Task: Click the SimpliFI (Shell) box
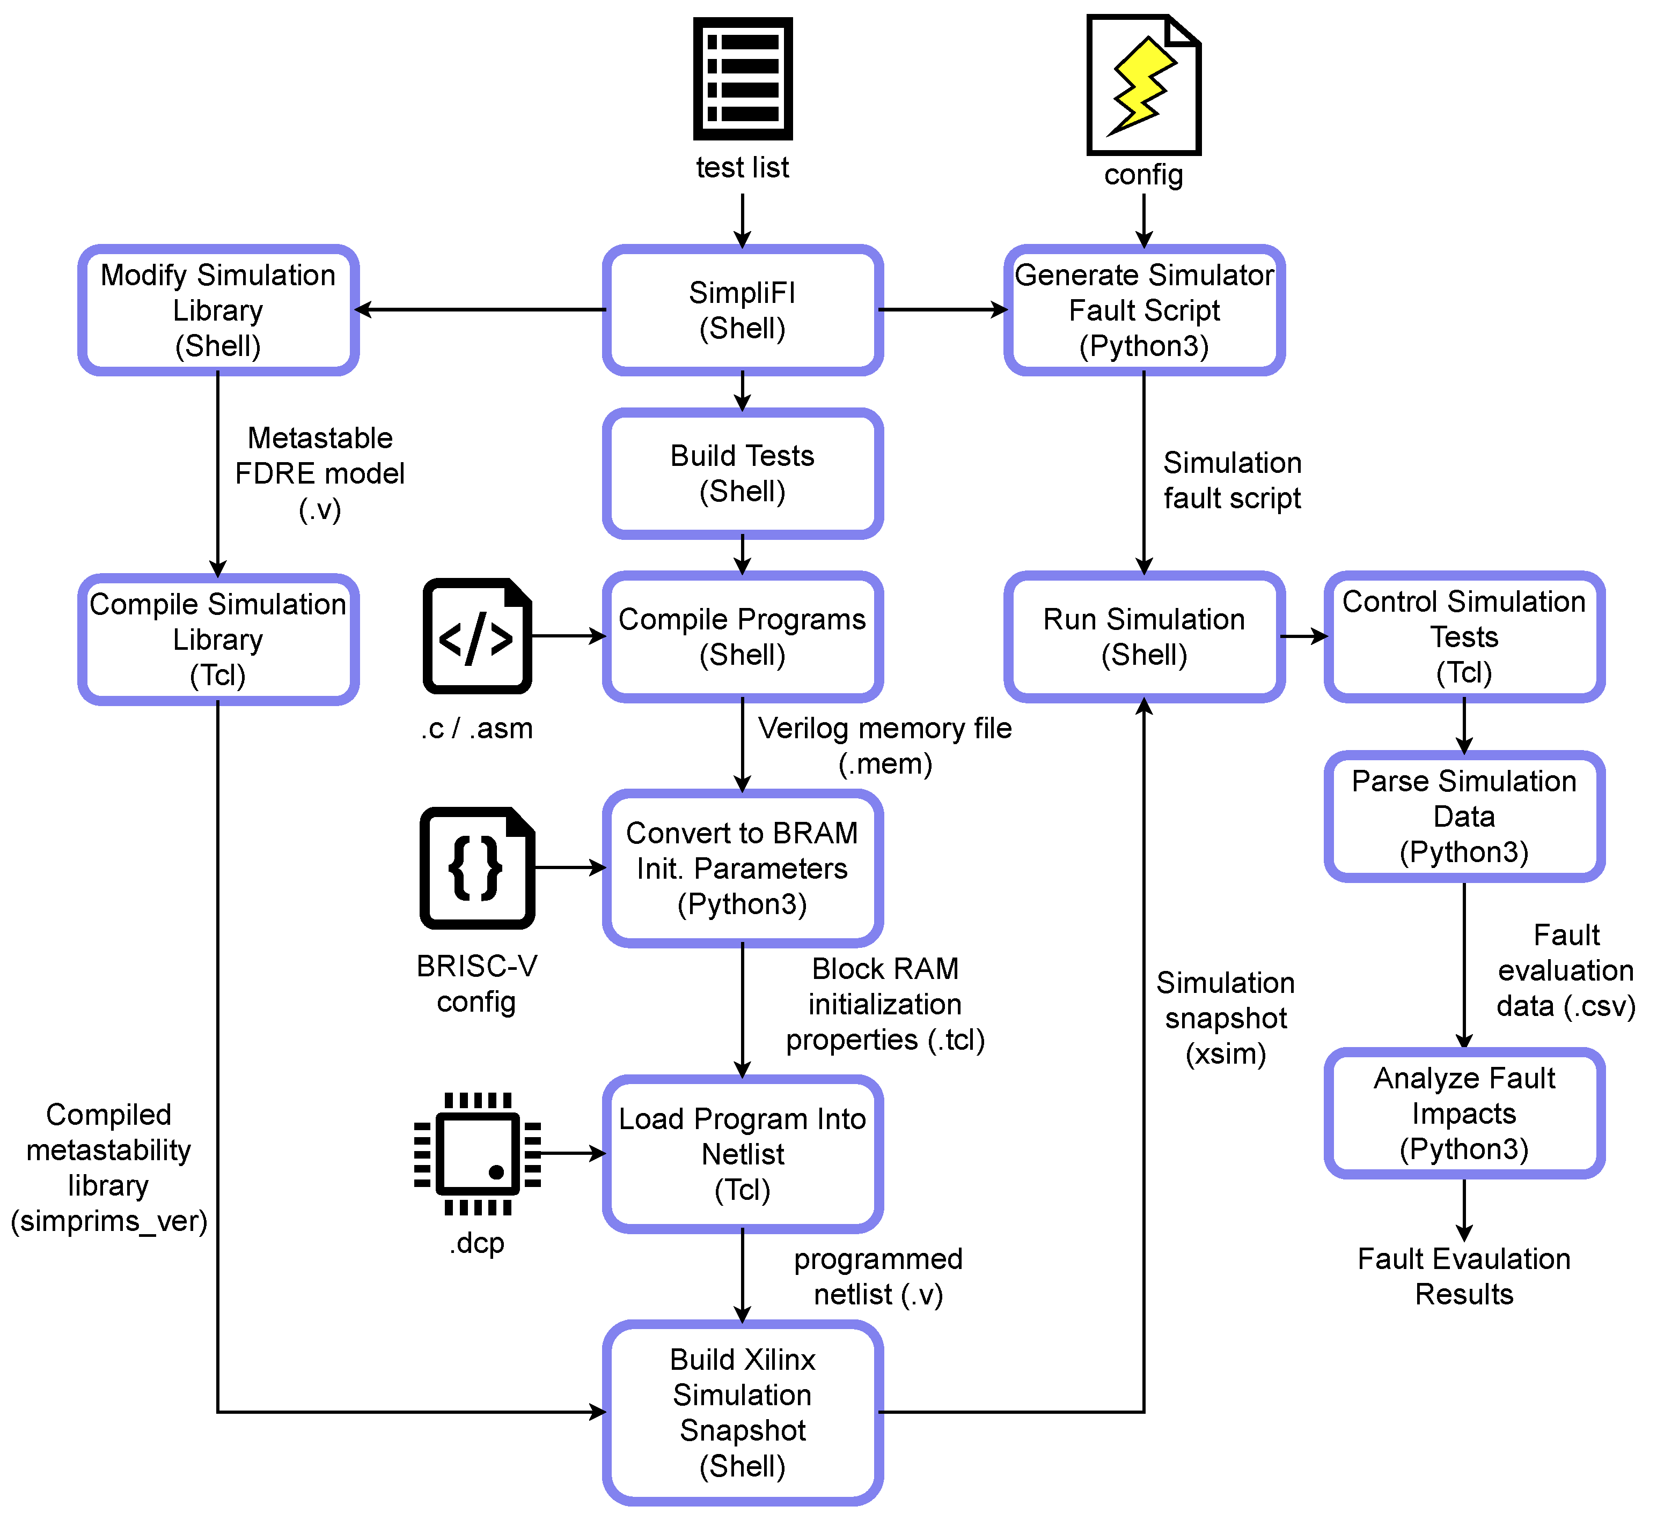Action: pyautogui.click(x=742, y=310)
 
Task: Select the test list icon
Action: pyautogui.click(x=742, y=79)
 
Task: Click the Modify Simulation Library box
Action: pyautogui.click(x=218, y=310)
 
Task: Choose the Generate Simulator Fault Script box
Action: pyautogui.click(x=1144, y=310)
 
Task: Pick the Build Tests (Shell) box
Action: pyautogui.click(x=742, y=473)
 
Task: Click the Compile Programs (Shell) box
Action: pyautogui.click(x=742, y=637)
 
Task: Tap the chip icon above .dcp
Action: pyautogui.click(x=477, y=1153)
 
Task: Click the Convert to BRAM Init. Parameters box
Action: pyautogui.click(x=742, y=869)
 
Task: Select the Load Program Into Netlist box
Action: pyautogui.click(x=742, y=1154)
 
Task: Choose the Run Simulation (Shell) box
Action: pyautogui.click(x=1144, y=637)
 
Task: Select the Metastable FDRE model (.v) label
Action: pyautogui.click(x=319, y=473)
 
